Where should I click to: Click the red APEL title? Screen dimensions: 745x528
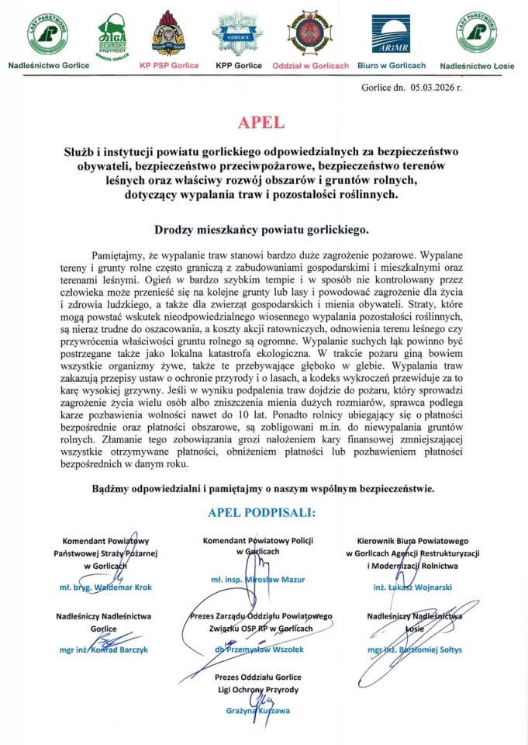[263, 123]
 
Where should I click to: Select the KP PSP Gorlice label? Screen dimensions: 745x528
[171, 66]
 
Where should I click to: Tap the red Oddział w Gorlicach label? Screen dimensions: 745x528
[311, 66]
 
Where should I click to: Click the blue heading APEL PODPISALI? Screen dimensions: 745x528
[262, 513]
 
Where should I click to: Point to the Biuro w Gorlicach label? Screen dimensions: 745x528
[392, 66]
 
